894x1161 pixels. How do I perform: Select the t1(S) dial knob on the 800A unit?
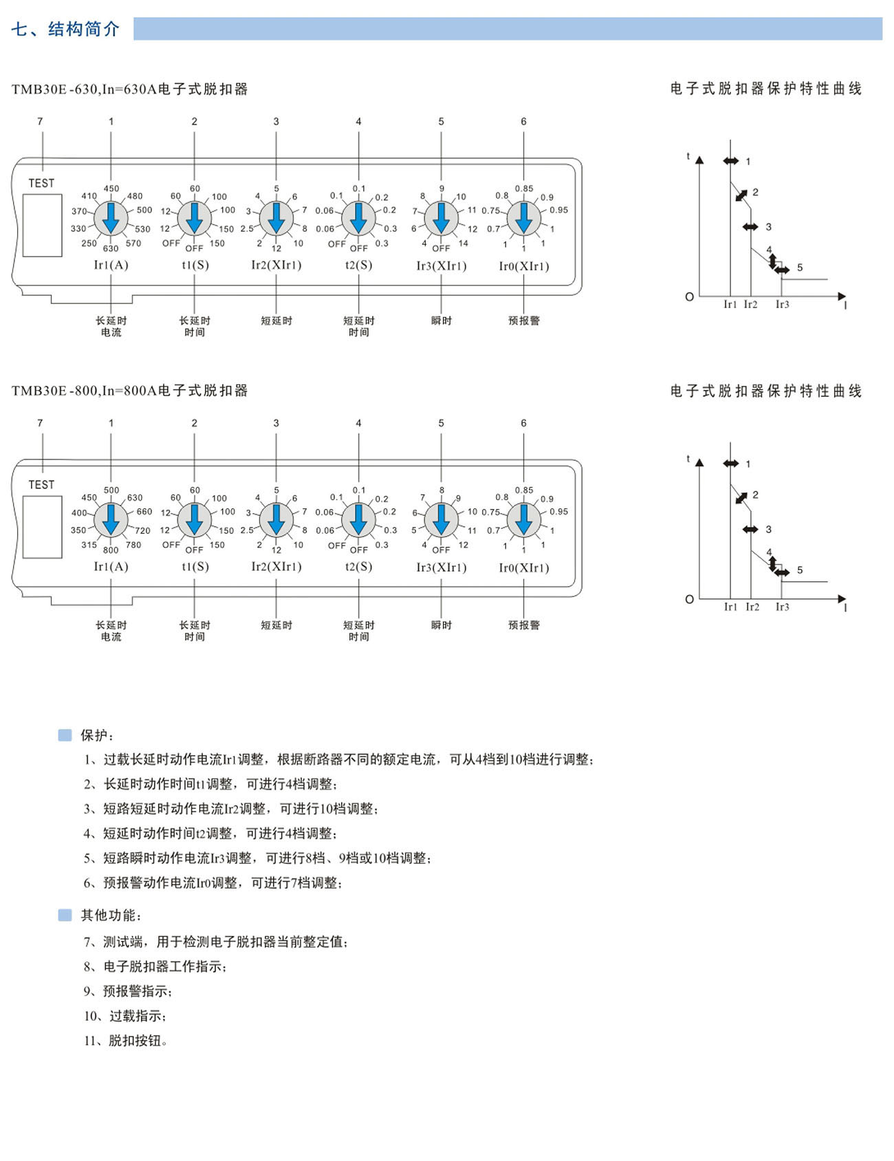point(195,520)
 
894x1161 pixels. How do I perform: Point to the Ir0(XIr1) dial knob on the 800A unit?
point(524,520)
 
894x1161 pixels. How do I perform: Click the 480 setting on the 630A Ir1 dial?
point(134,197)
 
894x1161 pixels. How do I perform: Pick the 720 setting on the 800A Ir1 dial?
point(142,531)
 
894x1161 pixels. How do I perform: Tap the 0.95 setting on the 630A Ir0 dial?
point(558,210)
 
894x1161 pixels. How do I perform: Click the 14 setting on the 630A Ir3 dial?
point(464,243)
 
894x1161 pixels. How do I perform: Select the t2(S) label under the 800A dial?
point(358,567)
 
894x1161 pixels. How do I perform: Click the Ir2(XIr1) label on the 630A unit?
point(276,265)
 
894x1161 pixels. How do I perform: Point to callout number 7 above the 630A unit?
point(40,122)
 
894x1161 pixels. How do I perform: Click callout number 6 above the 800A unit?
point(523,423)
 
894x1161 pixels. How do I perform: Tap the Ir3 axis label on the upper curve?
point(783,305)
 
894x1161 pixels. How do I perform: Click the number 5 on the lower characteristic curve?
point(800,570)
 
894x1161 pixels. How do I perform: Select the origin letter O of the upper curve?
point(690,297)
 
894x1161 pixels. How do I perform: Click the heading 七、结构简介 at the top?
point(65,29)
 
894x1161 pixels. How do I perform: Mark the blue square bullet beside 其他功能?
point(65,915)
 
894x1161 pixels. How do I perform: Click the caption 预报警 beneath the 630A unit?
point(524,321)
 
